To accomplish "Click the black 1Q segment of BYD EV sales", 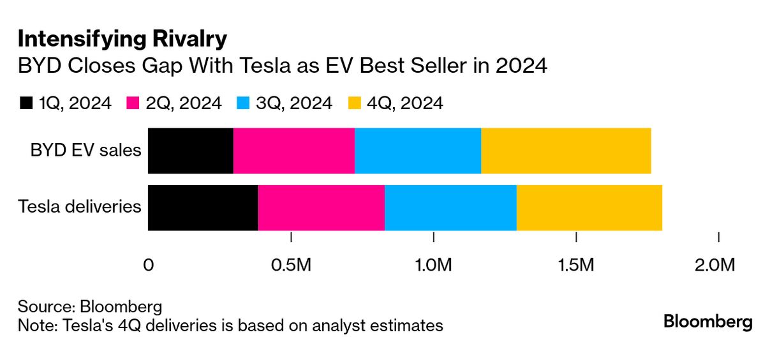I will click(190, 151).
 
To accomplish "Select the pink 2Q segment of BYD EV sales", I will click(293, 151).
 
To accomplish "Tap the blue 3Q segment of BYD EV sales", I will click(418, 151).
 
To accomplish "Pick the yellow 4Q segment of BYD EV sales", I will click(566, 151).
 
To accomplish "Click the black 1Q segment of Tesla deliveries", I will click(203, 207).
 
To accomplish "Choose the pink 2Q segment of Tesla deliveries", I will click(321, 207).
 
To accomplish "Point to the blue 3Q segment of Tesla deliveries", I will click(450, 207).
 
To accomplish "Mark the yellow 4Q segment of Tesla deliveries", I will click(589, 207).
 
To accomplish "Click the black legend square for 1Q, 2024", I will click(26, 103).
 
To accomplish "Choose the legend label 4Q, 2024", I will click(404, 103).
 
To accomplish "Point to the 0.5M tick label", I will click(291, 264).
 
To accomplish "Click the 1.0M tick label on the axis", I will click(434, 264).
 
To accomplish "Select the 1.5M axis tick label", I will click(577, 264).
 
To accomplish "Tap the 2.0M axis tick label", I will click(719, 264).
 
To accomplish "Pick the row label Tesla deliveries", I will click(79, 207).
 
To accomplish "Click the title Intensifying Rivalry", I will click(122, 40).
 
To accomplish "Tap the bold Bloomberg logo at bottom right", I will click(707, 322).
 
